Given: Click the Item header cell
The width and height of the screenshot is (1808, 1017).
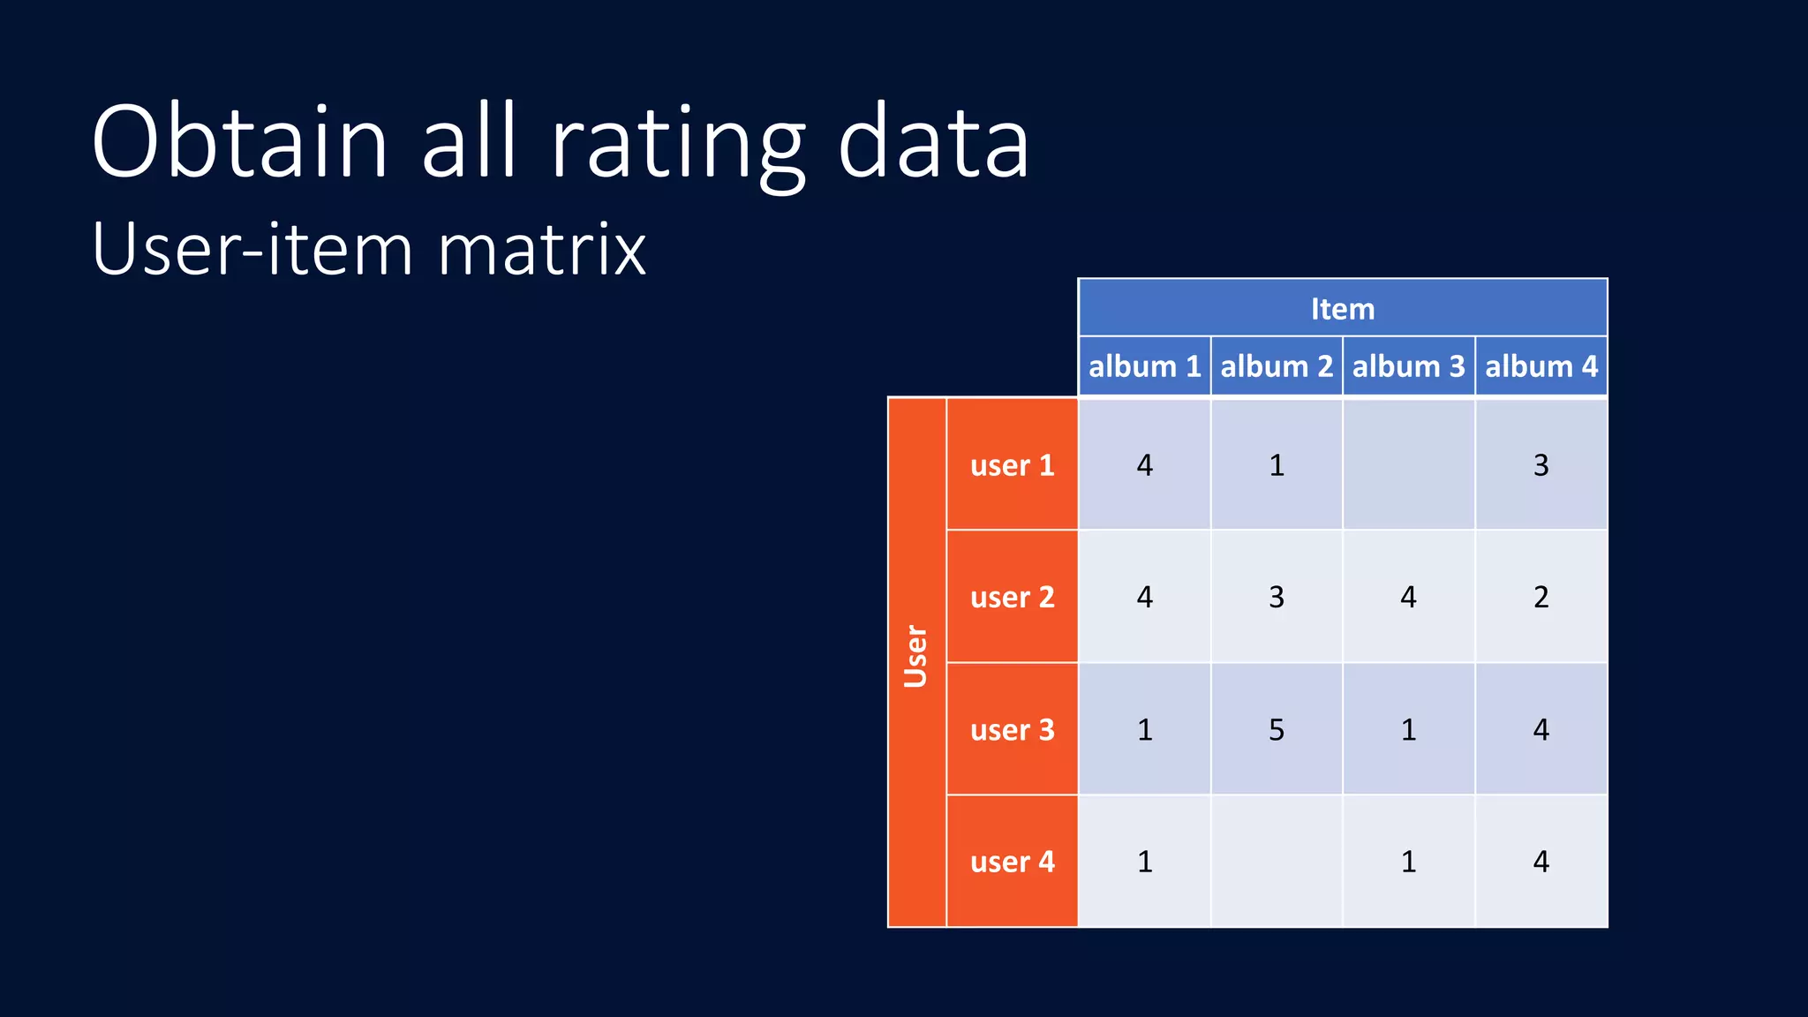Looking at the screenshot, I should point(1342,309).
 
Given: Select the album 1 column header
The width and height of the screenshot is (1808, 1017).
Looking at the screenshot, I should point(1144,366).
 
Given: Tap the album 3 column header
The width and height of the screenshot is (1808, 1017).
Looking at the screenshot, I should point(1408,366).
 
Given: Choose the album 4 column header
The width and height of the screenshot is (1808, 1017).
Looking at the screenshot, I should point(1541,366).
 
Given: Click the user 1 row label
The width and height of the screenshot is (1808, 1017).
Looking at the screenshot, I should point(1012,465).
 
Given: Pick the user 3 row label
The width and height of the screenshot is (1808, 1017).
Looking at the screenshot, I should point(1012,730).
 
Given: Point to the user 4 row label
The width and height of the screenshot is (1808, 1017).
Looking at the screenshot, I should point(1012,862).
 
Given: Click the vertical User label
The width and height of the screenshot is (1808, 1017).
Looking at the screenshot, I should point(916,658).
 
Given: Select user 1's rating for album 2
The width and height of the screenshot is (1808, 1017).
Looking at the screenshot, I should point(1277,465).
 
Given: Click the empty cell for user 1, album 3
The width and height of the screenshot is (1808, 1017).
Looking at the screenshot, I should point(1408,465).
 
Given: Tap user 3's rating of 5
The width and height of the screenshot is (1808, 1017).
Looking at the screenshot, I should point(1277,730).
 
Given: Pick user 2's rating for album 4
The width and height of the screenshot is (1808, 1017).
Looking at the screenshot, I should point(1541,598).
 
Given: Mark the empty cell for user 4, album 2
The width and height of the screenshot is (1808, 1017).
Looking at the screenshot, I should point(1277,862).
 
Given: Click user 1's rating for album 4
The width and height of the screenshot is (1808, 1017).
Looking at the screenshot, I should point(1541,465).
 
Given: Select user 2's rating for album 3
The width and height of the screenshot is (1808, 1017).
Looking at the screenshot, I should point(1408,598).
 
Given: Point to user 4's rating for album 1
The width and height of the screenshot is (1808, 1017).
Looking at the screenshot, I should point(1144,862).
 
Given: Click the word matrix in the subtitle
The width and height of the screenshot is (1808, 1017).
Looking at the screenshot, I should point(542,251).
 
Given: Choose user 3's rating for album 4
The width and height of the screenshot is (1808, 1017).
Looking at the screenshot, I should point(1541,730).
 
